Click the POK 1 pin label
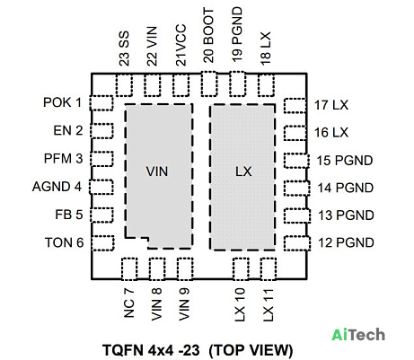coord(63,102)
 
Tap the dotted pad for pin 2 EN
coord(101,131)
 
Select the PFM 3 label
coord(63,158)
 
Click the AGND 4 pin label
coord(57,187)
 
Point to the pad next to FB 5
coord(101,215)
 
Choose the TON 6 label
coord(64,242)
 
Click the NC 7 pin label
coord(129,303)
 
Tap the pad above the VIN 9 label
coord(185,268)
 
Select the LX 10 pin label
coord(240,305)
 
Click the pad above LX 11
coord(269,268)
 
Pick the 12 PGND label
coord(346,242)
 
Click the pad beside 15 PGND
coord(296,161)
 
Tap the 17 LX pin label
coord(331,105)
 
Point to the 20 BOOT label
coord(208,36)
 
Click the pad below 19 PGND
coord(238,83)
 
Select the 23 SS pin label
coord(124,48)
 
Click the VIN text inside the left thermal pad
coord(157,171)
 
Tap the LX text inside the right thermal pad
coord(243,171)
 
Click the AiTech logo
coord(358,334)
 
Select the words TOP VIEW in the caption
coord(251,350)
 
